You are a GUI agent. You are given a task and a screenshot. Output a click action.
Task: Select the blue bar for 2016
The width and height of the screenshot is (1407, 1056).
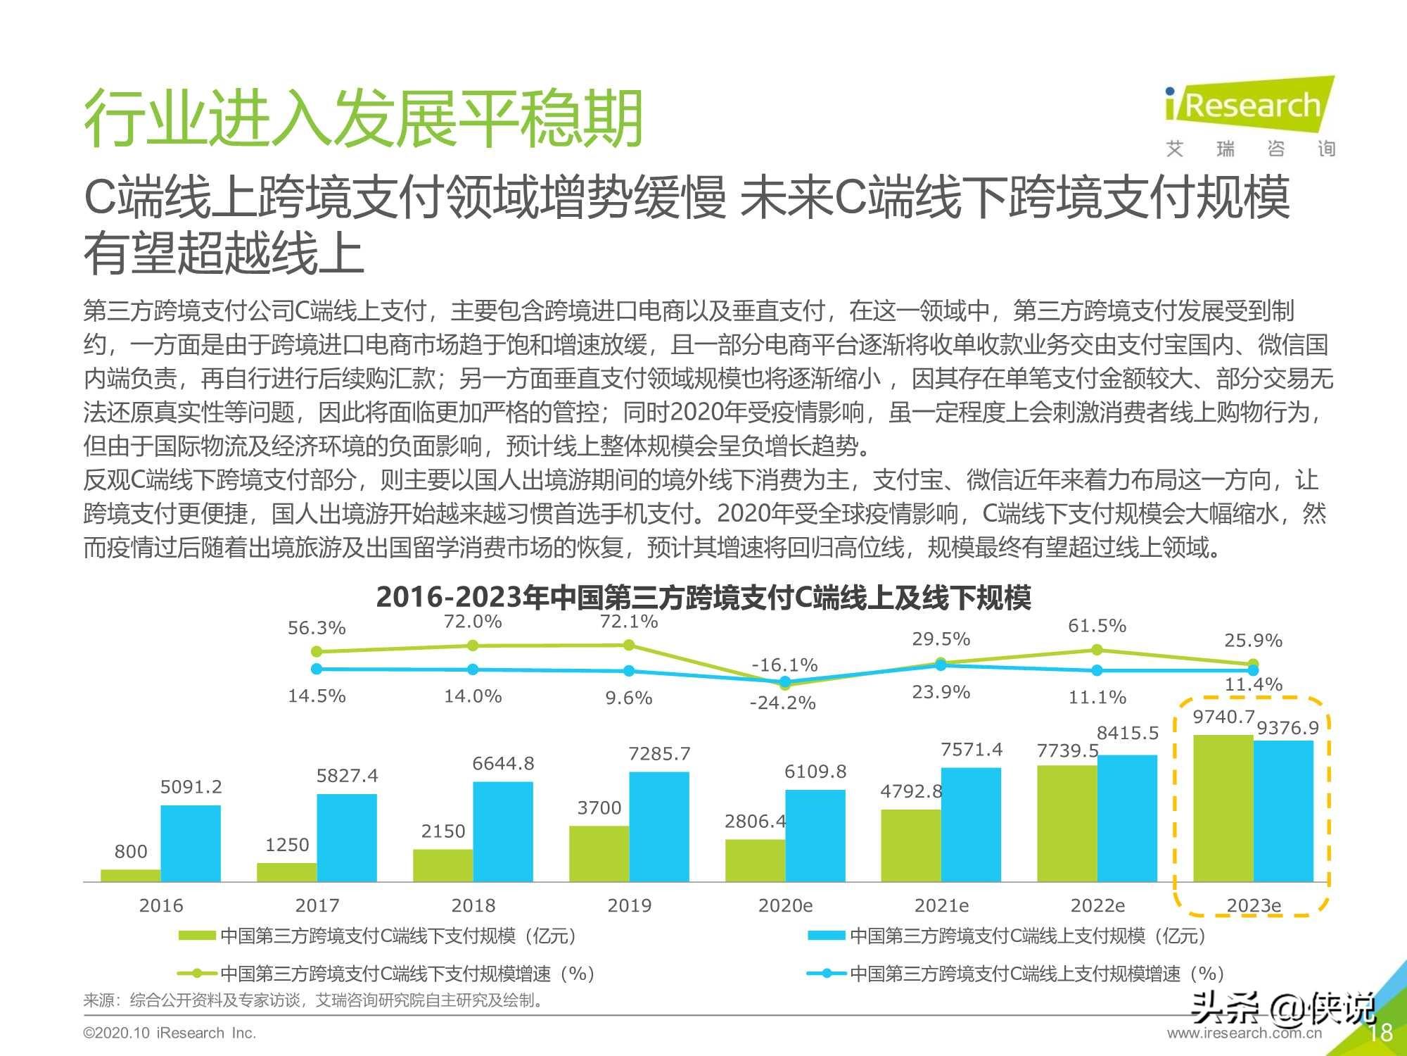190,843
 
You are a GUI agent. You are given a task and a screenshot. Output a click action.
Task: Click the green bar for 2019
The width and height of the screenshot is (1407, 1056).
599,853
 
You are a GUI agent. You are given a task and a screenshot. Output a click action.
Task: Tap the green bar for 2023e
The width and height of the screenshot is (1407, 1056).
1223,808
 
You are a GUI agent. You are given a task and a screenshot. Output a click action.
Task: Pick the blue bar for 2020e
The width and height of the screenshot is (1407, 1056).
815,836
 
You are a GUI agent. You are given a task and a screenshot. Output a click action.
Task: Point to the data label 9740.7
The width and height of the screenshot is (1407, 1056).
1223,717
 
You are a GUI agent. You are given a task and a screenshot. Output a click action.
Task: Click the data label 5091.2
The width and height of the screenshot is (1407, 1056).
191,787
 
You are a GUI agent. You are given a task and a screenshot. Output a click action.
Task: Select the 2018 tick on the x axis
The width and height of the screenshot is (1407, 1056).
473,905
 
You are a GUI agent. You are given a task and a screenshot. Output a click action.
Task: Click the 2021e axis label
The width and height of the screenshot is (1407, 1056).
941,905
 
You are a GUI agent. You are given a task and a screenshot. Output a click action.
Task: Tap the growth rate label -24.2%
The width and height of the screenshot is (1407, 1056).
782,703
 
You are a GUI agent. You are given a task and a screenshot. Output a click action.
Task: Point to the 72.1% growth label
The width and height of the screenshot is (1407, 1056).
628,622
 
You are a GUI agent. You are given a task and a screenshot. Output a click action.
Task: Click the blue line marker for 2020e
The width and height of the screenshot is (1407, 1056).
785,681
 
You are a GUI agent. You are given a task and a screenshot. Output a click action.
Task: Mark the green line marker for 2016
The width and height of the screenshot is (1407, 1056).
317,651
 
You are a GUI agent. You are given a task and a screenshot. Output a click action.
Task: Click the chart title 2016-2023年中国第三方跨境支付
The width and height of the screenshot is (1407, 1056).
703,598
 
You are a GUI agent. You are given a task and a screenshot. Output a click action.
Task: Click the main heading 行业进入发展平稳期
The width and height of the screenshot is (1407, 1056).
363,118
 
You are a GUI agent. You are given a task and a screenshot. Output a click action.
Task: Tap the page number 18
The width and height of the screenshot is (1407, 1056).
1380,1033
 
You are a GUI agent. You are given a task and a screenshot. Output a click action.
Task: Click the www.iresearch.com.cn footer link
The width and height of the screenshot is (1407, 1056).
1244,1033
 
